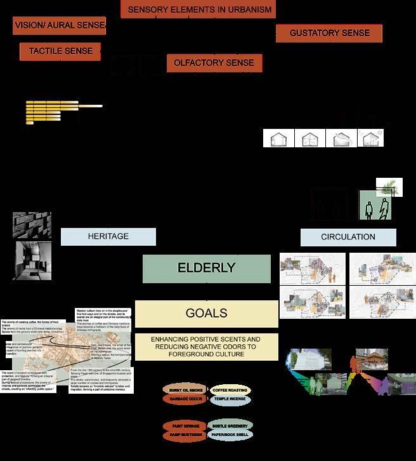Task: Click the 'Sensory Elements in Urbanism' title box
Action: click(200, 10)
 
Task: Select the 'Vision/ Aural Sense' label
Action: click(59, 26)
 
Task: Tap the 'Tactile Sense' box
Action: click(60, 51)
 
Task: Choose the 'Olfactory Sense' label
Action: click(214, 63)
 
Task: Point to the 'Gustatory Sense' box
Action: click(329, 33)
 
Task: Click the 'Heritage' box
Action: click(108, 237)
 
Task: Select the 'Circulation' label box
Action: click(348, 237)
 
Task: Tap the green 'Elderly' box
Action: click(198, 268)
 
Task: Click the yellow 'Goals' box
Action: click(206, 314)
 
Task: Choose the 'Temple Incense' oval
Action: click(229, 399)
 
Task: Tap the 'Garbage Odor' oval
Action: click(185, 399)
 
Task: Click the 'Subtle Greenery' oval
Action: click(229, 425)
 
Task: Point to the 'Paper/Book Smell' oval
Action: click(229, 435)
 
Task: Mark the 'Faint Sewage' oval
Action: click(185, 425)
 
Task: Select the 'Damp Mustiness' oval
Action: click(185, 435)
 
